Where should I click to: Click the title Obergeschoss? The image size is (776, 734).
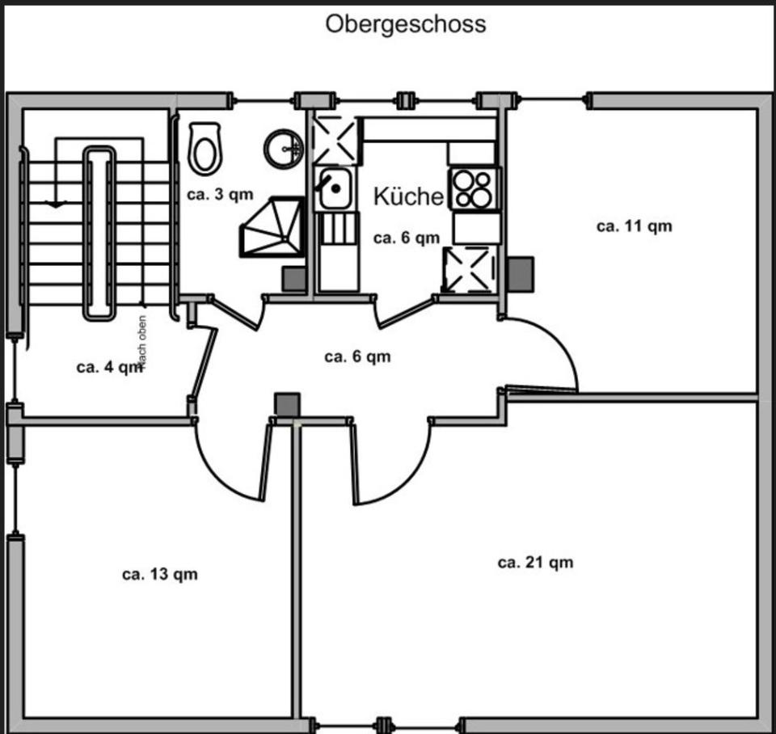pyautogui.click(x=406, y=24)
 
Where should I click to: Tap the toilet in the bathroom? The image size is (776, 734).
pyautogui.click(x=205, y=147)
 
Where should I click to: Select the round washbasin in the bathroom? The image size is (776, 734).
pyautogui.click(x=284, y=148)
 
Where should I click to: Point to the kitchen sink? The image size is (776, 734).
pyautogui.click(x=335, y=189)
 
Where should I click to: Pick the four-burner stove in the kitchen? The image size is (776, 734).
pyautogui.click(x=472, y=188)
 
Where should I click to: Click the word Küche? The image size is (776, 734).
pyautogui.click(x=408, y=196)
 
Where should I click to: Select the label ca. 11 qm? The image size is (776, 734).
pyautogui.click(x=634, y=226)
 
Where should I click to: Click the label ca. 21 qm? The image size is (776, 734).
pyautogui.click(x=535, y=563)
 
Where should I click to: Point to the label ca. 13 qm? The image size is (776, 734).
pyautogui.click(x=159, y=575)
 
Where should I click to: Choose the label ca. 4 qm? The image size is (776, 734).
pyautogui.click(x=107, y=367)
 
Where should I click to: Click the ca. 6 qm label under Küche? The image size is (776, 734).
pyautogui.click(x=406, y=238)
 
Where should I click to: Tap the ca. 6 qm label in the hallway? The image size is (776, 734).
pyautogui.click(x=357, y=356)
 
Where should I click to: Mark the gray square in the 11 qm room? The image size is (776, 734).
pyautogui.click(x=521, y=273)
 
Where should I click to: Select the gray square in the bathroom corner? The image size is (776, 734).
pyautogui.click(x=293, y=277)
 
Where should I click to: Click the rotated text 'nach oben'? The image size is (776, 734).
pyautogui.click(x=142, y=343)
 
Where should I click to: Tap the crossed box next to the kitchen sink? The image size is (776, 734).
pyautogui.click(x=335, y=139)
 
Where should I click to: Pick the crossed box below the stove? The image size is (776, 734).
pyautogui.click(x=468, y=269)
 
